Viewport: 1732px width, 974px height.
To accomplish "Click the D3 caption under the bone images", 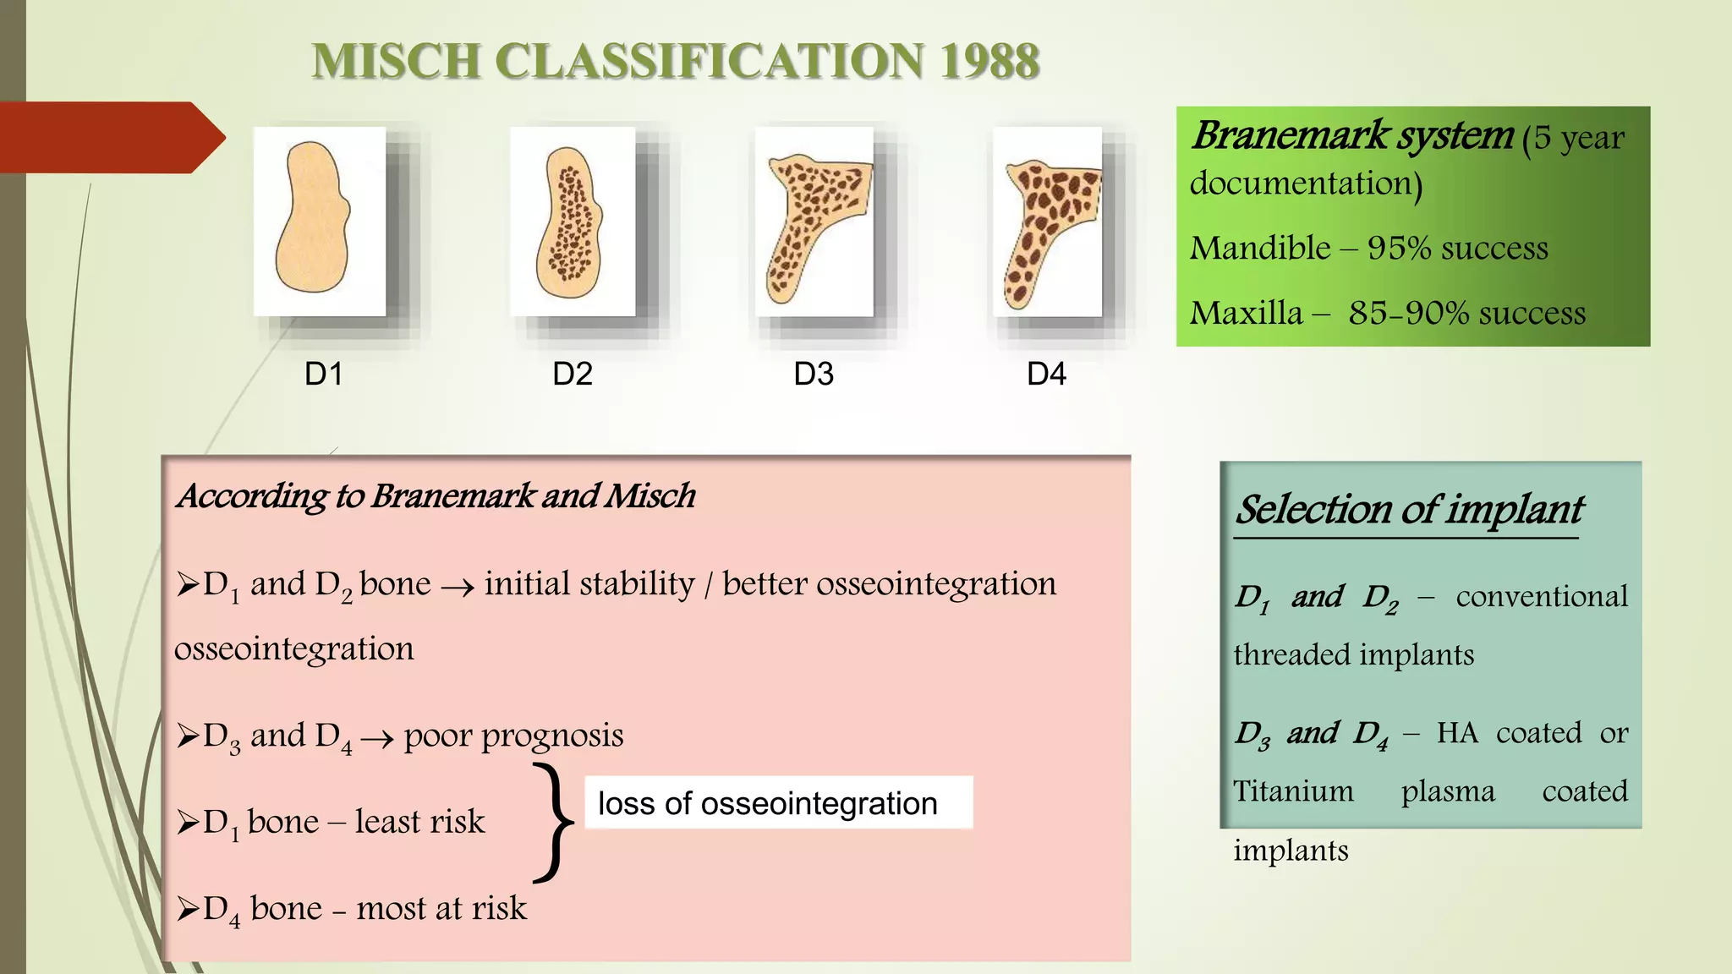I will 814,374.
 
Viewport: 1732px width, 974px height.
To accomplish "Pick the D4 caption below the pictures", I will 1046,374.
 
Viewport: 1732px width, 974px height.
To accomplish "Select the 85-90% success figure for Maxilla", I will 1466,313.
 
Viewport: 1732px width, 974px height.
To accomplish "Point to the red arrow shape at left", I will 110,137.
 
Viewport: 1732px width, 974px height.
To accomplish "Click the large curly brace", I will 553,822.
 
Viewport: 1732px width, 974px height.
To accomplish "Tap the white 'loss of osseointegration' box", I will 778,802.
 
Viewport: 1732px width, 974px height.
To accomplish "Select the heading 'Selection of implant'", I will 1408,510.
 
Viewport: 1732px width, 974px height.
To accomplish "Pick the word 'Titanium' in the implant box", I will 1293,791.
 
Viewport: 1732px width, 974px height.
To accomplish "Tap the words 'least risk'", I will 419,822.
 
